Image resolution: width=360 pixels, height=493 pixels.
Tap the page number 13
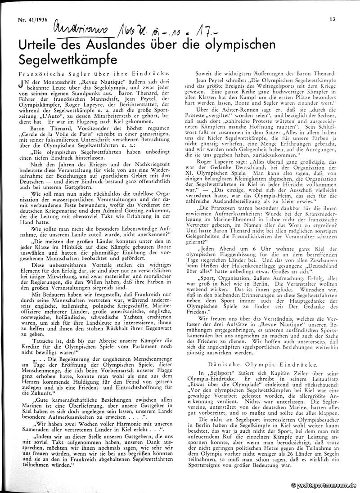pos(332,19)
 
